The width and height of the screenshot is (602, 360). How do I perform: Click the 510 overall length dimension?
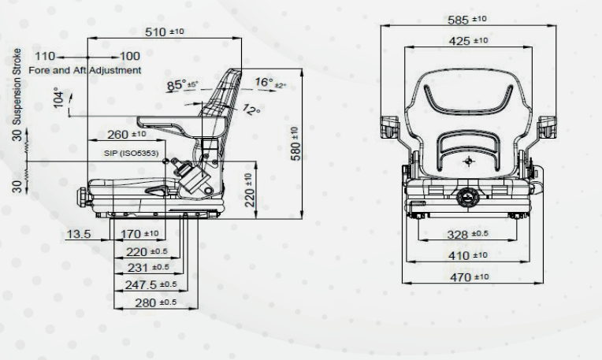pos(165,32)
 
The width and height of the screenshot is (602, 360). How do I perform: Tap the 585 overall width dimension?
pos(466,20)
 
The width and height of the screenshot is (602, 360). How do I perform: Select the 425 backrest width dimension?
pos(468,41)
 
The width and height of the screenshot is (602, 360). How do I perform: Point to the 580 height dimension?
pos(295,144)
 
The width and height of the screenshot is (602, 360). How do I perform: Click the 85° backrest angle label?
pos(182,85)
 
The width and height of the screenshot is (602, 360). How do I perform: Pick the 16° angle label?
pos(270,83)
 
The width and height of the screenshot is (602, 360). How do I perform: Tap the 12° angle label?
pos(251,109)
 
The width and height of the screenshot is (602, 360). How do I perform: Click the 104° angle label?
pos(58,98)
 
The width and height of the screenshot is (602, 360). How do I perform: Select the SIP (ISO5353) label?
pos(131,153)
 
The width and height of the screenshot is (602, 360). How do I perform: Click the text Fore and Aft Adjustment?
pos(85,70)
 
